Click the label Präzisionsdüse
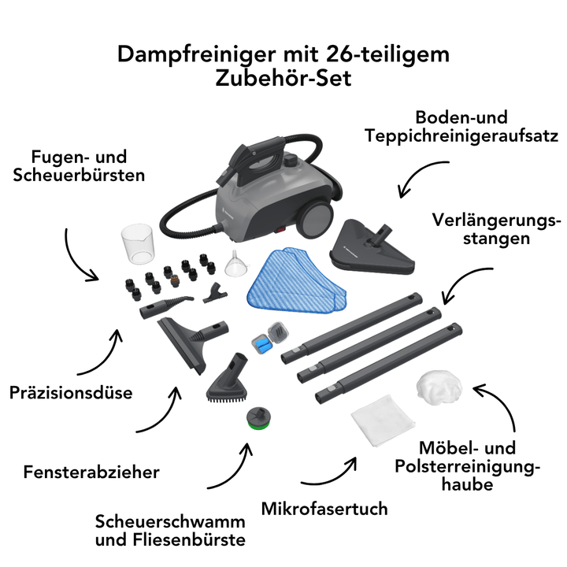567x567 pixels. click(x=70, y=391)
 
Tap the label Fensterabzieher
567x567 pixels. click(x=91, y=472)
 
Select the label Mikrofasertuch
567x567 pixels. click(x=324, y=508)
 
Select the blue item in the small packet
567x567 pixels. click(x=262, y=343)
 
